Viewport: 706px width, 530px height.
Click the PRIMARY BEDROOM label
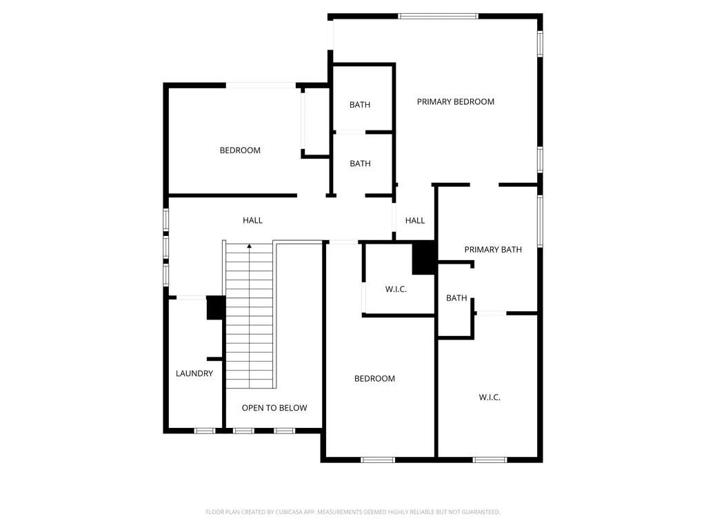coord(455,102)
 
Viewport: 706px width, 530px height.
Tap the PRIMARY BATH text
coord(493,250)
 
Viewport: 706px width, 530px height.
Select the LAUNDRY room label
coord(194,373)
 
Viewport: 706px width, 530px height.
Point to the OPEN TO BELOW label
coord(274,408)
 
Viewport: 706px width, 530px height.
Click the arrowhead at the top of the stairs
coord(250,246)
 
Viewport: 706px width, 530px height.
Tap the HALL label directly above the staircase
coord(252,220)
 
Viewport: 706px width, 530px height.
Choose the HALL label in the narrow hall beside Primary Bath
coord(414,220)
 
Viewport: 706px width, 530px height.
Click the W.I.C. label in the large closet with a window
coord(490,397)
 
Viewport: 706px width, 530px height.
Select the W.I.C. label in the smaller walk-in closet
coord(396,289)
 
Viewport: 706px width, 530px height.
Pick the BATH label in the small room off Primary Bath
coord(456,298)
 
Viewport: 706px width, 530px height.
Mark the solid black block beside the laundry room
coord(216,308)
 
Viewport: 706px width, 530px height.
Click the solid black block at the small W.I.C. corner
coord(424,258)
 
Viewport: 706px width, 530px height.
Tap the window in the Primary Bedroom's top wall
coord(438,17)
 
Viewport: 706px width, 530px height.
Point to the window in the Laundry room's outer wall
coord(204,431)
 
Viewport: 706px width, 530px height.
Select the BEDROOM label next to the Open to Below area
coord(374,379)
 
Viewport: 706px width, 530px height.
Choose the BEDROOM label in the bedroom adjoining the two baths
coord(240,150)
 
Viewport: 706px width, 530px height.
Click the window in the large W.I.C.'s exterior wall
coord(490,460)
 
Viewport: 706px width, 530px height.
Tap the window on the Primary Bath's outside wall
coord(541,222)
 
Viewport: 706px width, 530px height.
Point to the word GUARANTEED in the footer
coord(481,512)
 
